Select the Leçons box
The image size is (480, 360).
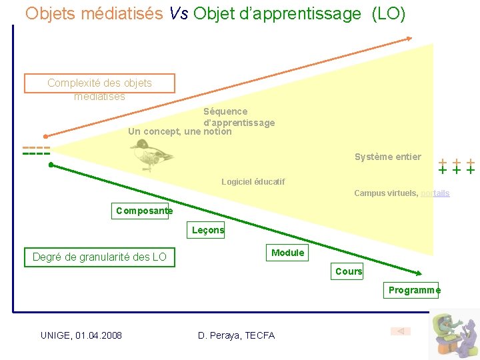pyautogui.click(x=208, y=231)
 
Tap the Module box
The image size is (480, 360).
pyautogui.click(x=287, y=253)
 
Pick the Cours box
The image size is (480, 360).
pyautogui.click(x=349, y=271)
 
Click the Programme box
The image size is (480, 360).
pyautogui.click(x=413, y=290)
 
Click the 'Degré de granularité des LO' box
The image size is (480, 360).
pyautogui.click(x=99, y=257)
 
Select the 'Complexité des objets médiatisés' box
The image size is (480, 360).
pyautogui.click(x=99, y=84)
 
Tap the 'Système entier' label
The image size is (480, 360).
pyautogui.click(x=387, y=157)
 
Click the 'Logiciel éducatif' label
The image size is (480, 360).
pyautogui.click(x=253, y=182)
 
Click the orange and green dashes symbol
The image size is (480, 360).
pyautogui.click(x=36, y=151)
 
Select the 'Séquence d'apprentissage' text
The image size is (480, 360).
pyautogui.click(x=239, y=117)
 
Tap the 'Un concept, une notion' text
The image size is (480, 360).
pyautogui.click(x=179, y=132)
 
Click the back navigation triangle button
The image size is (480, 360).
pyautogui.click(x=401, y=331)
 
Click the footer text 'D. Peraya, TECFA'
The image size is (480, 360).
pyautogui.click(x=236, y=335)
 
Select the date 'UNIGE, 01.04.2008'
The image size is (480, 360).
pyautogui.click(x=81, y=335)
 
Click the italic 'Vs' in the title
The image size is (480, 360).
pyautogui.click(x=178, y=13)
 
